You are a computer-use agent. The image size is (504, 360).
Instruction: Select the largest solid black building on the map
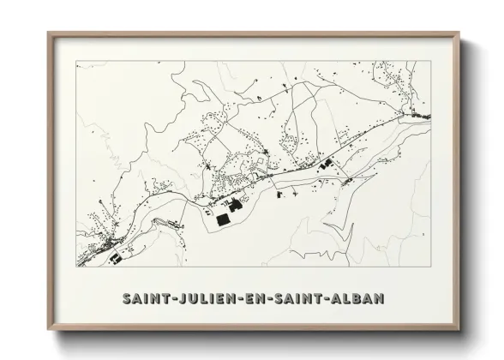(x=222, y=220)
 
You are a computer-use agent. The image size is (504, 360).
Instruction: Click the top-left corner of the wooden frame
(x=47, y=33)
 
